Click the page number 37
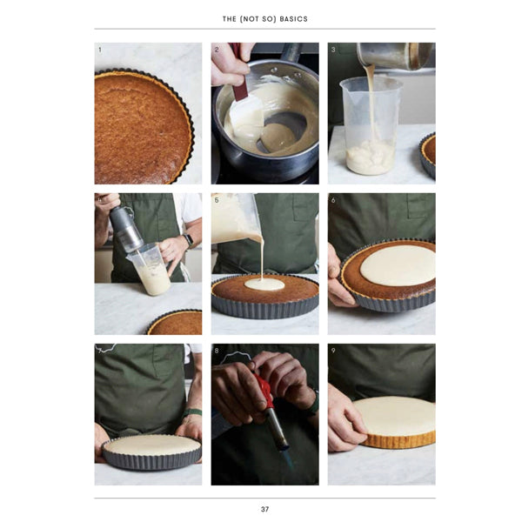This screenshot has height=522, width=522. pyautogui.click(x=264, y=509)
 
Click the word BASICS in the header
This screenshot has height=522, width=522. pyautogui.click(x=294, y=19)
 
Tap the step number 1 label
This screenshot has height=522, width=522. pyautogui.click(x=100, y=50)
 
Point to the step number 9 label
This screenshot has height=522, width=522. pyautogui.click(x=333, y=351)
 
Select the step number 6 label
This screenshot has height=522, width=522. pyautogui.click(x=333, y=200)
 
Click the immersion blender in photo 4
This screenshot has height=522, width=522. pyautogui.click(x=126, y=229)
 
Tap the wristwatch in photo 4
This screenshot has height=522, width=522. pyautogui.click(x=189, y=241)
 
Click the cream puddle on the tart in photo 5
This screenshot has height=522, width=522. pyautogui.click(x=264, y=284)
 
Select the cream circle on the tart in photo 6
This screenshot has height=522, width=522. pyautogui.click(x=398, y=265)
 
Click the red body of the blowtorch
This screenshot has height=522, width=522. pyautogui.click(x=264, y=390)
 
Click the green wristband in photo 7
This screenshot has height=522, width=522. pyautogui.click(x=192, y=412)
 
